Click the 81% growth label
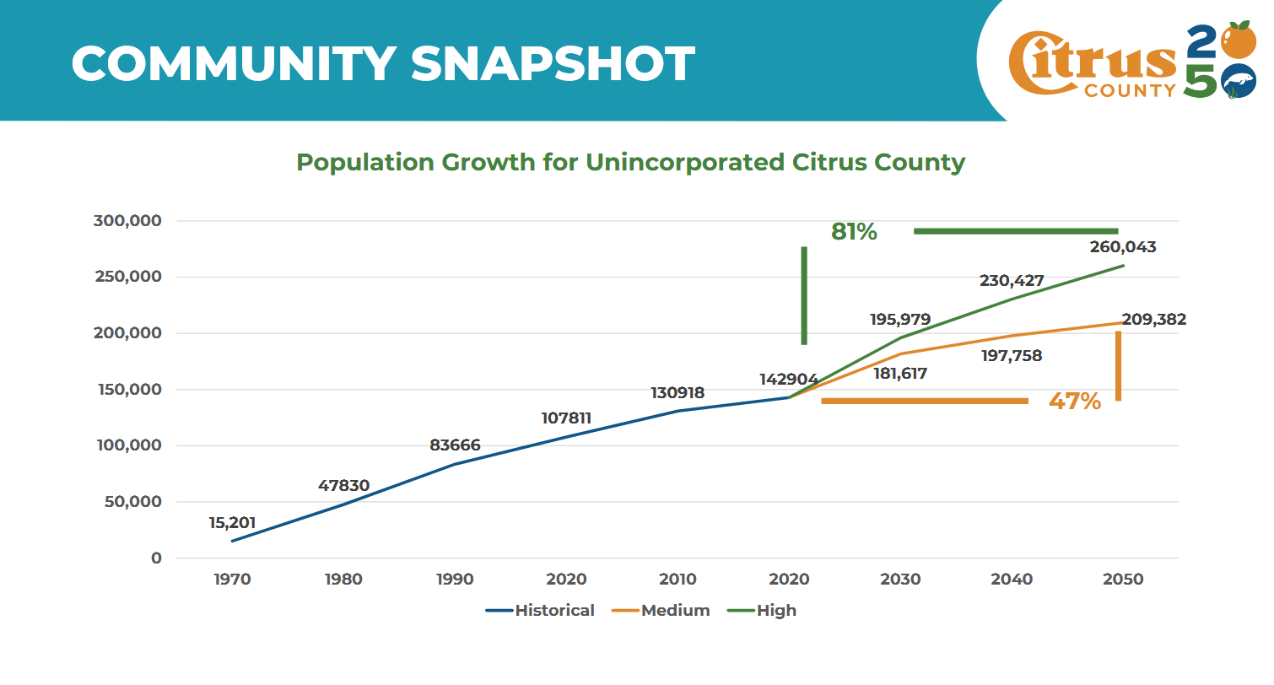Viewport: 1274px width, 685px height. (x=854, y=231)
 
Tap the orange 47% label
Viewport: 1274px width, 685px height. (x=1074, y=401)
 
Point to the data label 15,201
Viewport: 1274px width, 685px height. (x=232, y=522)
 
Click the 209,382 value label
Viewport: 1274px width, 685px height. (x=1153, y=320)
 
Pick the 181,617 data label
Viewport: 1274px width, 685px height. (x=900, y=373)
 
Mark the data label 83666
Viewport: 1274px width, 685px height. (x=455, y=445)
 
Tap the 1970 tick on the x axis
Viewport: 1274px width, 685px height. (x=232, y=580)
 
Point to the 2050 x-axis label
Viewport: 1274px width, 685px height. (x=1123, y=580)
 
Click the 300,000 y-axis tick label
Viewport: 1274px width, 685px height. (x=126, y=221)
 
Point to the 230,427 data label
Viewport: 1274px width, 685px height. (x=1012, y=281)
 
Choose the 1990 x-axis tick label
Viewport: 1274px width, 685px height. (x=455, y=580)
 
